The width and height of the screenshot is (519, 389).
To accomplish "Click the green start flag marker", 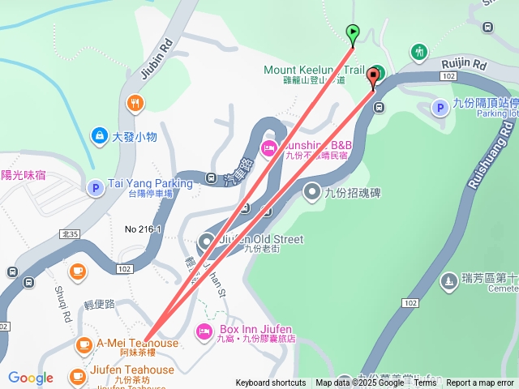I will click(x=353, y=33).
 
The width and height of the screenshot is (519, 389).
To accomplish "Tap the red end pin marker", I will click(x=373, y=78).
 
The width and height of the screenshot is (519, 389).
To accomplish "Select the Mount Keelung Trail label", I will click(x=314, y=71).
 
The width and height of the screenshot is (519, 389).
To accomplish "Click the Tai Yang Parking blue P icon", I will click(x=95, y=188).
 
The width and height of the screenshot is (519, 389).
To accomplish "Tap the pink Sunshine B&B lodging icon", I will click(x=268, y=147).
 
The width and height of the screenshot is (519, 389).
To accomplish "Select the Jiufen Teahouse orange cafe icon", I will click(x=78, y=376).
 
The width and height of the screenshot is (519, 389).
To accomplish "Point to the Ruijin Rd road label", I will click(x=464, y=63).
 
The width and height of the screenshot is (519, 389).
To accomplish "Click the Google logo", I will click(x=31, y=378).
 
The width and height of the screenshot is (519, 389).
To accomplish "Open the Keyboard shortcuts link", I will click(x=271, y=383).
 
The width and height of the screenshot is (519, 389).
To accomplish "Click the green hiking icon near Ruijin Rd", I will click(x=419, y=51).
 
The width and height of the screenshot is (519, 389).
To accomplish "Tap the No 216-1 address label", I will click(x=144, y=230).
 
